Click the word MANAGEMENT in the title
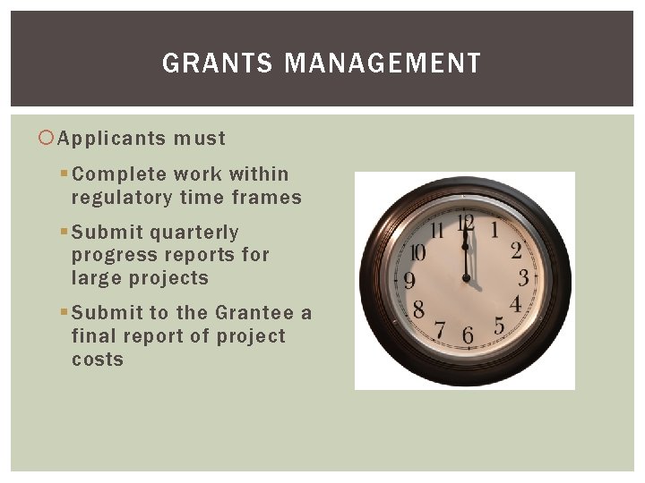coord(382,64)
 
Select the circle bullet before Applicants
coord(48,139)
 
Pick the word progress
coord(113,256)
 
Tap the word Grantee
coord(254,313)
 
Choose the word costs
coord(97,360)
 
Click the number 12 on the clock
coord(464,224)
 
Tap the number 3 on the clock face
coord(523,277)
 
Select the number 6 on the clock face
coord(467,335)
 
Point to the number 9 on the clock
coord(409,281)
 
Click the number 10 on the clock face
coord(417,253)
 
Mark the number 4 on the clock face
coord(515,304)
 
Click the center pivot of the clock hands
coord(466,279)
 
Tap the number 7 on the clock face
coord(440,329)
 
